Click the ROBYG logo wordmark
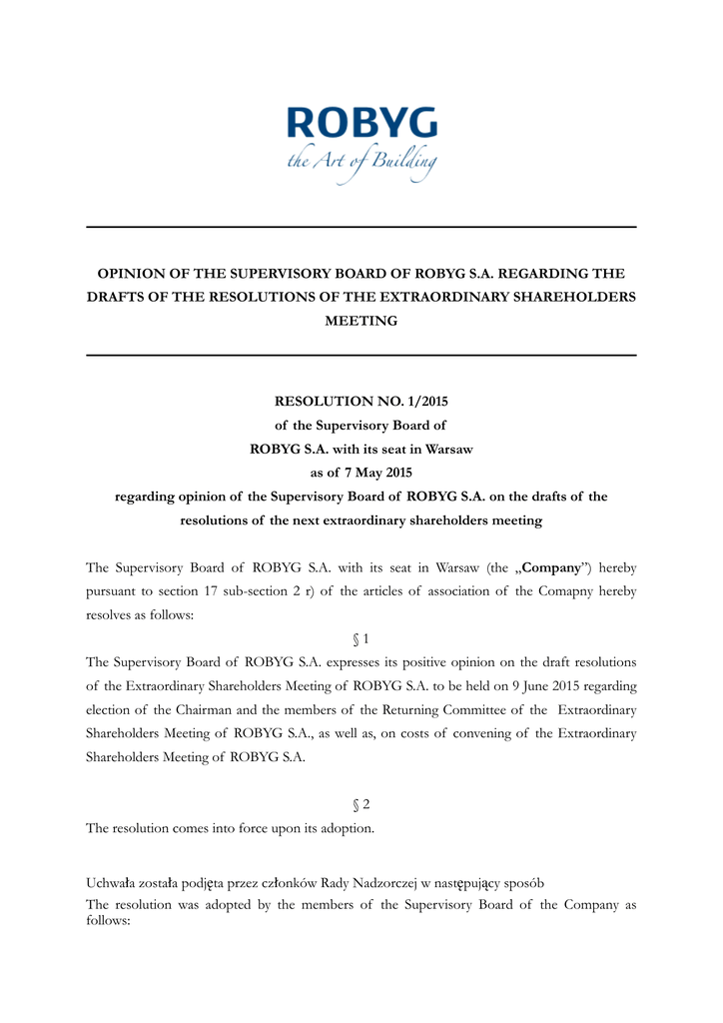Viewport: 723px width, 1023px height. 361,125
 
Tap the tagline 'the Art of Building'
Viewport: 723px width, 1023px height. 361,163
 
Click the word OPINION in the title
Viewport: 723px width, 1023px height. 130,273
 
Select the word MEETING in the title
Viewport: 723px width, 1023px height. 361,321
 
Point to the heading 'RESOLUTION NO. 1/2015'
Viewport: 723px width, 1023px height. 361,402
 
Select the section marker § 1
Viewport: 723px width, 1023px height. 361,638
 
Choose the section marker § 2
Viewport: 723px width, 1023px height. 361,804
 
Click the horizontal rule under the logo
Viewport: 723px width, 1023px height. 361,228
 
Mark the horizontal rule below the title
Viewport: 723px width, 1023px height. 361,356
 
